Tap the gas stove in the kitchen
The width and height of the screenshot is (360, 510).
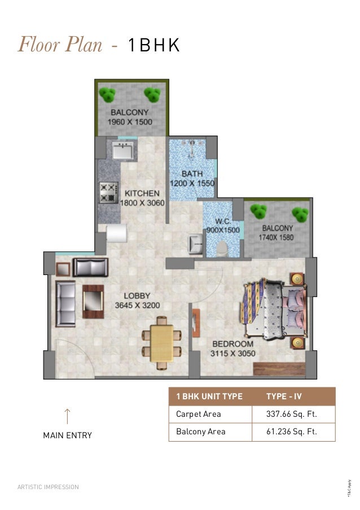(108, 193)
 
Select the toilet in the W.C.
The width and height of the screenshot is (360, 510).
(222, 249)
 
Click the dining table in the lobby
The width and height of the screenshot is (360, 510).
(162, 343)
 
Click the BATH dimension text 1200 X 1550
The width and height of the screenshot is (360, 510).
(192, 184)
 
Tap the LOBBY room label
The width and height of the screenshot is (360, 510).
(137, 295)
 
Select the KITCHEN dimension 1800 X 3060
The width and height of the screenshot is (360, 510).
(142, 203)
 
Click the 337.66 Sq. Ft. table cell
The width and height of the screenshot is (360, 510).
(292, 414)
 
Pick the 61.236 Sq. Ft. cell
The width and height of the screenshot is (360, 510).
(292, 431)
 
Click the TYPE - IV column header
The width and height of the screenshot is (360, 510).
(284, 396)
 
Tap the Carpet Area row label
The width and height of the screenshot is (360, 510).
(199, 414)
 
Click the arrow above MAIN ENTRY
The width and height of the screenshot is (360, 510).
(67, 416)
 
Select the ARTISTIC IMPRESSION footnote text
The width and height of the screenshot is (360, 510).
(48, 487)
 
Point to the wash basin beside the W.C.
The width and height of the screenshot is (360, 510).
(196, 244)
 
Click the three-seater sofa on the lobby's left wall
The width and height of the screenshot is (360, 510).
(65, 304)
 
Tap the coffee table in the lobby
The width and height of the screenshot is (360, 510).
(93, 302)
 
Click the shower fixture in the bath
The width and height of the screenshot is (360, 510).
(192, 149)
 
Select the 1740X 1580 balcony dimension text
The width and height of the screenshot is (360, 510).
(276, 237)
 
